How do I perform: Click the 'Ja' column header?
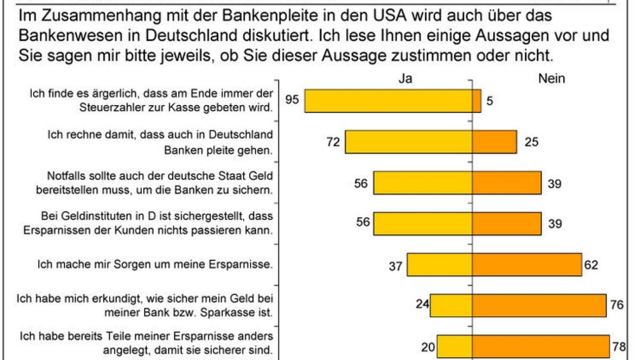click(405, 78)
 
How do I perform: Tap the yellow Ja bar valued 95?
click(388, 100)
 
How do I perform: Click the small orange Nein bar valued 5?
click(477, 100)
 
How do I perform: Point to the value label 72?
click(333, 142)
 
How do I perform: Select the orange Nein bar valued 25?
click(494, 142)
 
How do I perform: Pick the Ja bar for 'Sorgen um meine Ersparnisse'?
click(440, 265)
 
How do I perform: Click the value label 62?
click(591, 265)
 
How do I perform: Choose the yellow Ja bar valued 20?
click(455, 347)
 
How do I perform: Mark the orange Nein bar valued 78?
click(541, 347)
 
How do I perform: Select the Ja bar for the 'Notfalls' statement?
click(422, 183)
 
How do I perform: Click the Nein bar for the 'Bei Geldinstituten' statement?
click(507, 223)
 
